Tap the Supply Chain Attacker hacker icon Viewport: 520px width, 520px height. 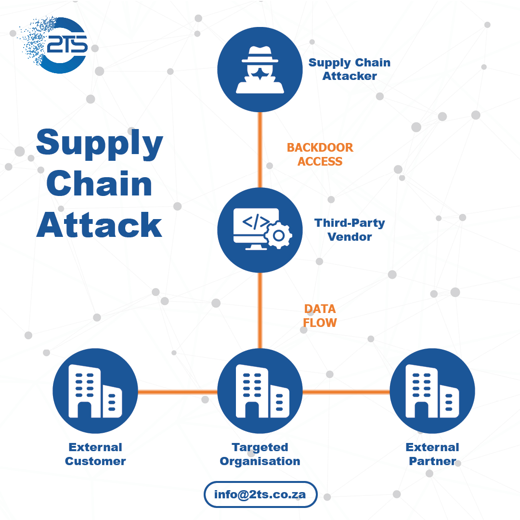(x=260, y=69)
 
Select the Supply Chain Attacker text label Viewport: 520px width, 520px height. (x=349, y=69)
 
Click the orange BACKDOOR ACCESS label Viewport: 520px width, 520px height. (x=320, y=155)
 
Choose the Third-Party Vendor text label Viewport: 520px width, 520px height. (x=350, y=230)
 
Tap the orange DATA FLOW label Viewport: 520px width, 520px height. (x=320, y=315)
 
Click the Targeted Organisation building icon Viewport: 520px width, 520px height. (x=260, y=390)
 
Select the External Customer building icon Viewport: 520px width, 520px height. (x=95, y=390)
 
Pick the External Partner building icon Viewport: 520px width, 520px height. (x=432, y=390)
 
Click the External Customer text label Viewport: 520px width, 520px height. (x=95, y=454)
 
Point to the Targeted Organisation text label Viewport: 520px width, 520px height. (x=260, y=454)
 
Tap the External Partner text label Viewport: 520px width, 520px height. (x=432, y=454)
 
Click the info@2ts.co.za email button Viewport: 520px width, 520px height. (x=260, y=494)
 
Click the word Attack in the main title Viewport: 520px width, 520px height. (x=100, y=225)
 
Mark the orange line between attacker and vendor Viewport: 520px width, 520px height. (x=260, y=149)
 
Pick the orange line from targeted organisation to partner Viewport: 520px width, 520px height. (x=346, y=391)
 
